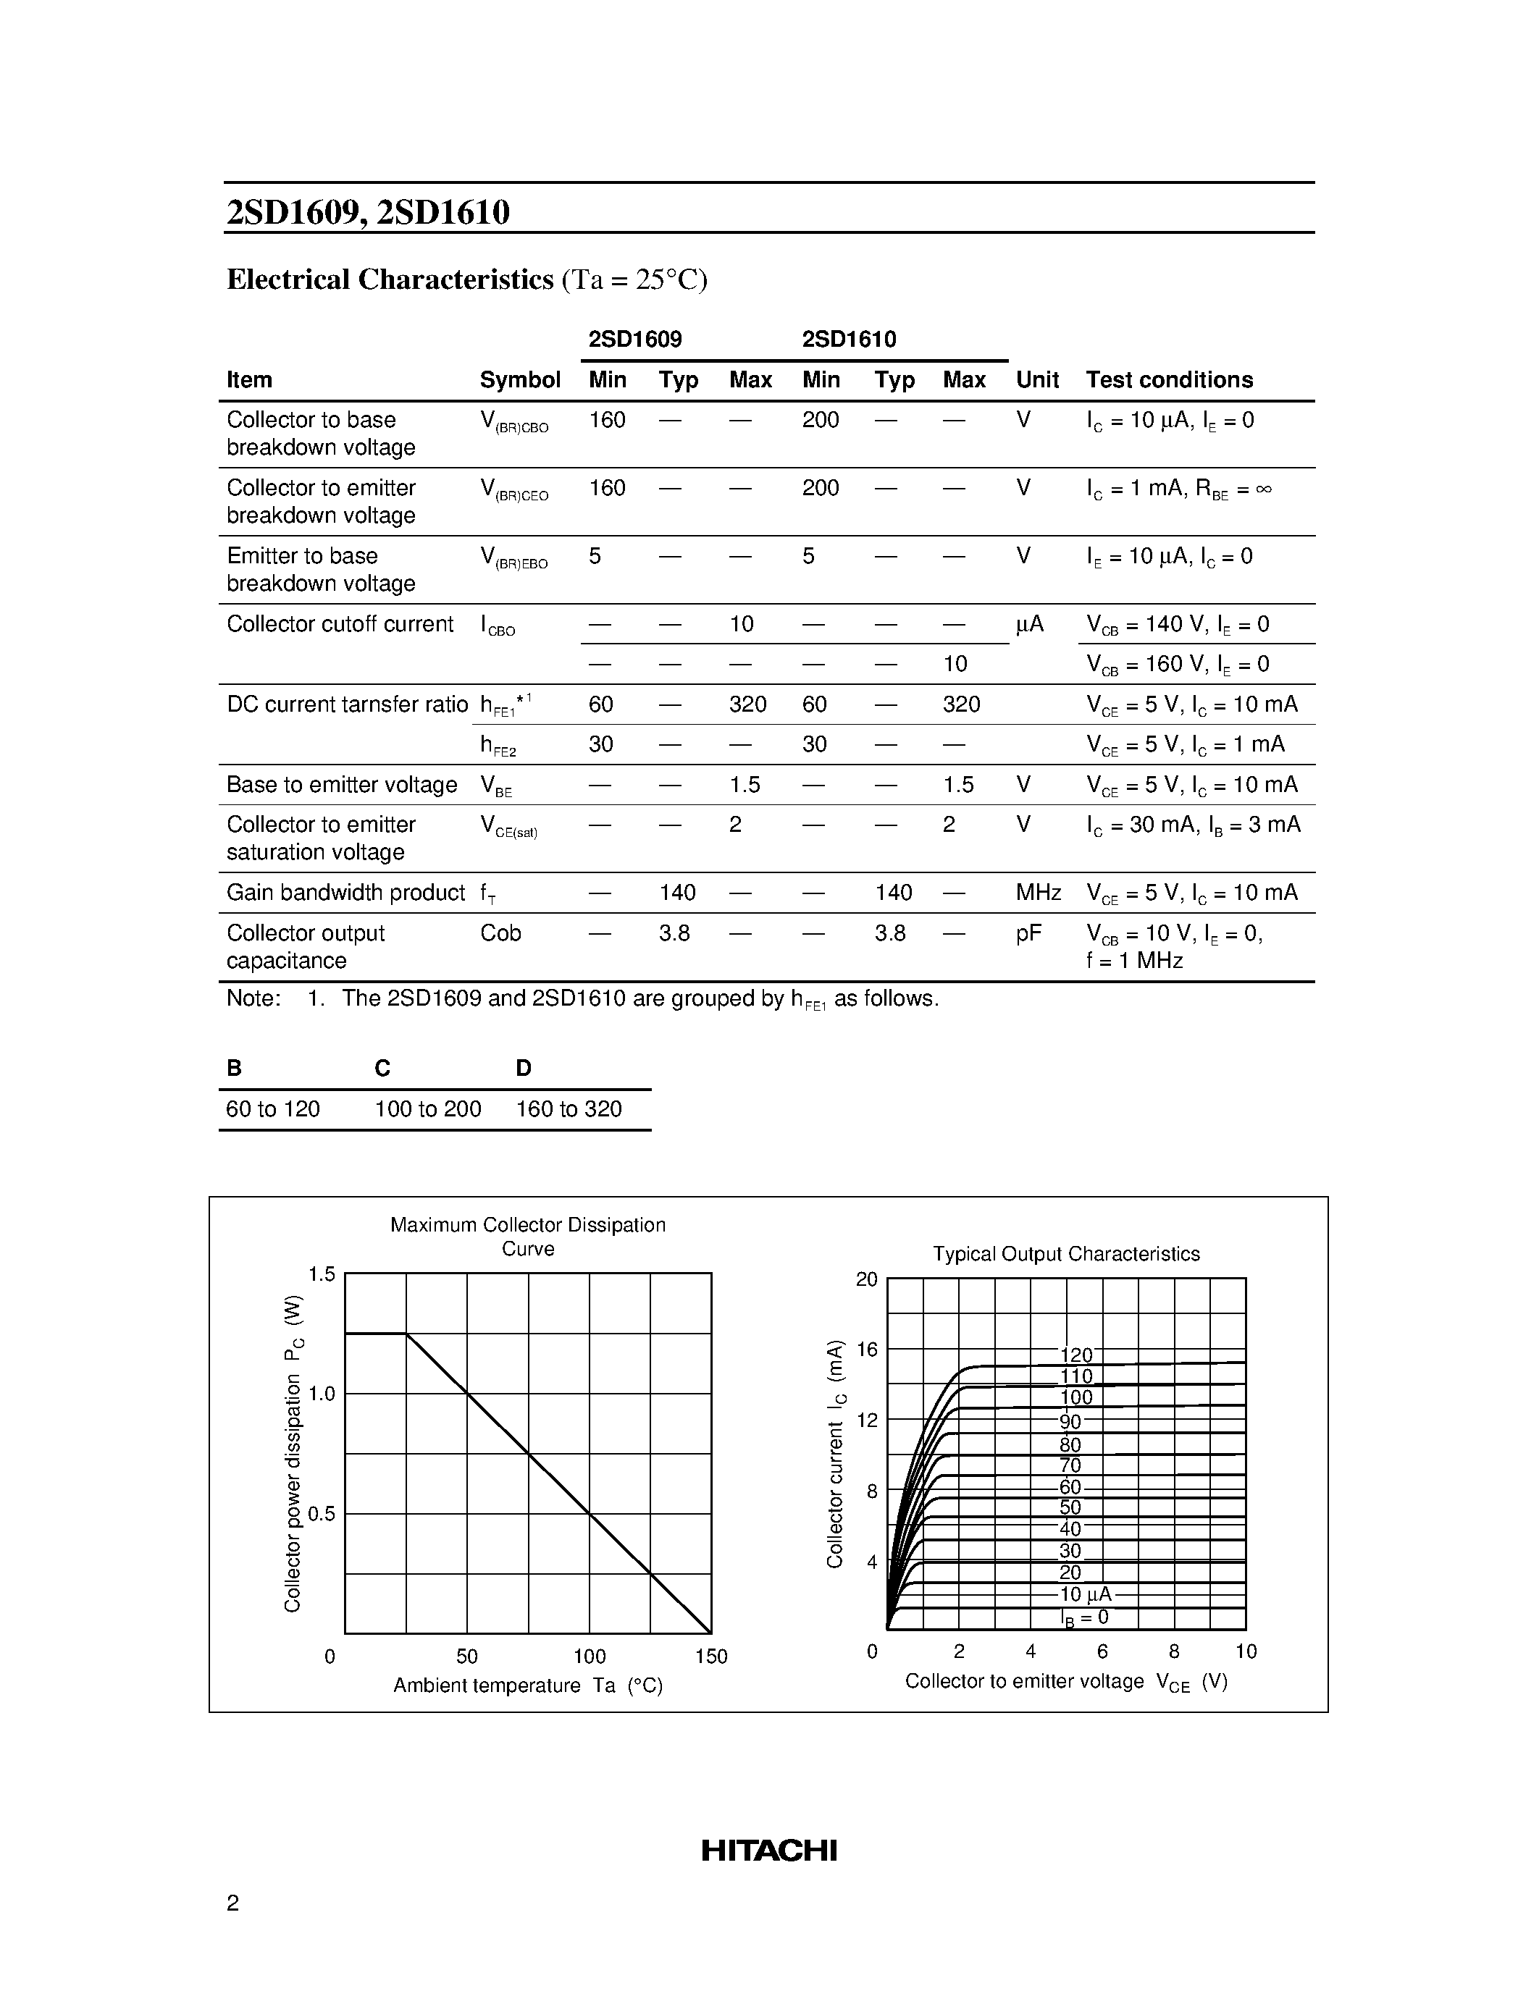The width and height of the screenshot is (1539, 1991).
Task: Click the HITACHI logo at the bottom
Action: (768, 1850)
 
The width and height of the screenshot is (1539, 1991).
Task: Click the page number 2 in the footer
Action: (232, 1903)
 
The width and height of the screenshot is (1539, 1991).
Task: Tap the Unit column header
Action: (1036, 380)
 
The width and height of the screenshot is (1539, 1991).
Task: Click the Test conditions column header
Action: (1169, 380)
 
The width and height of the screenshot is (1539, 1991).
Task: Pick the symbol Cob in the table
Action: (500, 933)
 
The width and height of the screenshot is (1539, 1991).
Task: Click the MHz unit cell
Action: (1039, 893)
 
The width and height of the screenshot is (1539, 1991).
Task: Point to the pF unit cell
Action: (1028, 933)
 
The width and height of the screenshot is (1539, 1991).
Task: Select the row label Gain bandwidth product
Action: (345, 893)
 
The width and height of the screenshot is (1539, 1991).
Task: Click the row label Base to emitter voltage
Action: (342, 785)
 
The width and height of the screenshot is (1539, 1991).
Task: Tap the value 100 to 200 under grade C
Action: (427, 1109)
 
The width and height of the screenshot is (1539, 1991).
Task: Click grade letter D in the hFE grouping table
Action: (524, 1067)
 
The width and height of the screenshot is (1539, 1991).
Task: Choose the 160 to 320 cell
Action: (569, 1109)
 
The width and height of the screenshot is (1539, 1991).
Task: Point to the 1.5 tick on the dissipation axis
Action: (321, 1274)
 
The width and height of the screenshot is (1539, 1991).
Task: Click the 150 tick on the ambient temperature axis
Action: (711, 1657)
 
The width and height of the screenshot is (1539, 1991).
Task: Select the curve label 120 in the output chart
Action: (1075, 1355)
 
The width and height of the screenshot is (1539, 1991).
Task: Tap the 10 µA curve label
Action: (1085, 1594)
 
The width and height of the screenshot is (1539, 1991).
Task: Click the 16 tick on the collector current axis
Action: (866, 1350)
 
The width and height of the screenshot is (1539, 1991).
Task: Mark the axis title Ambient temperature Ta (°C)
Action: (528, 1685)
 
